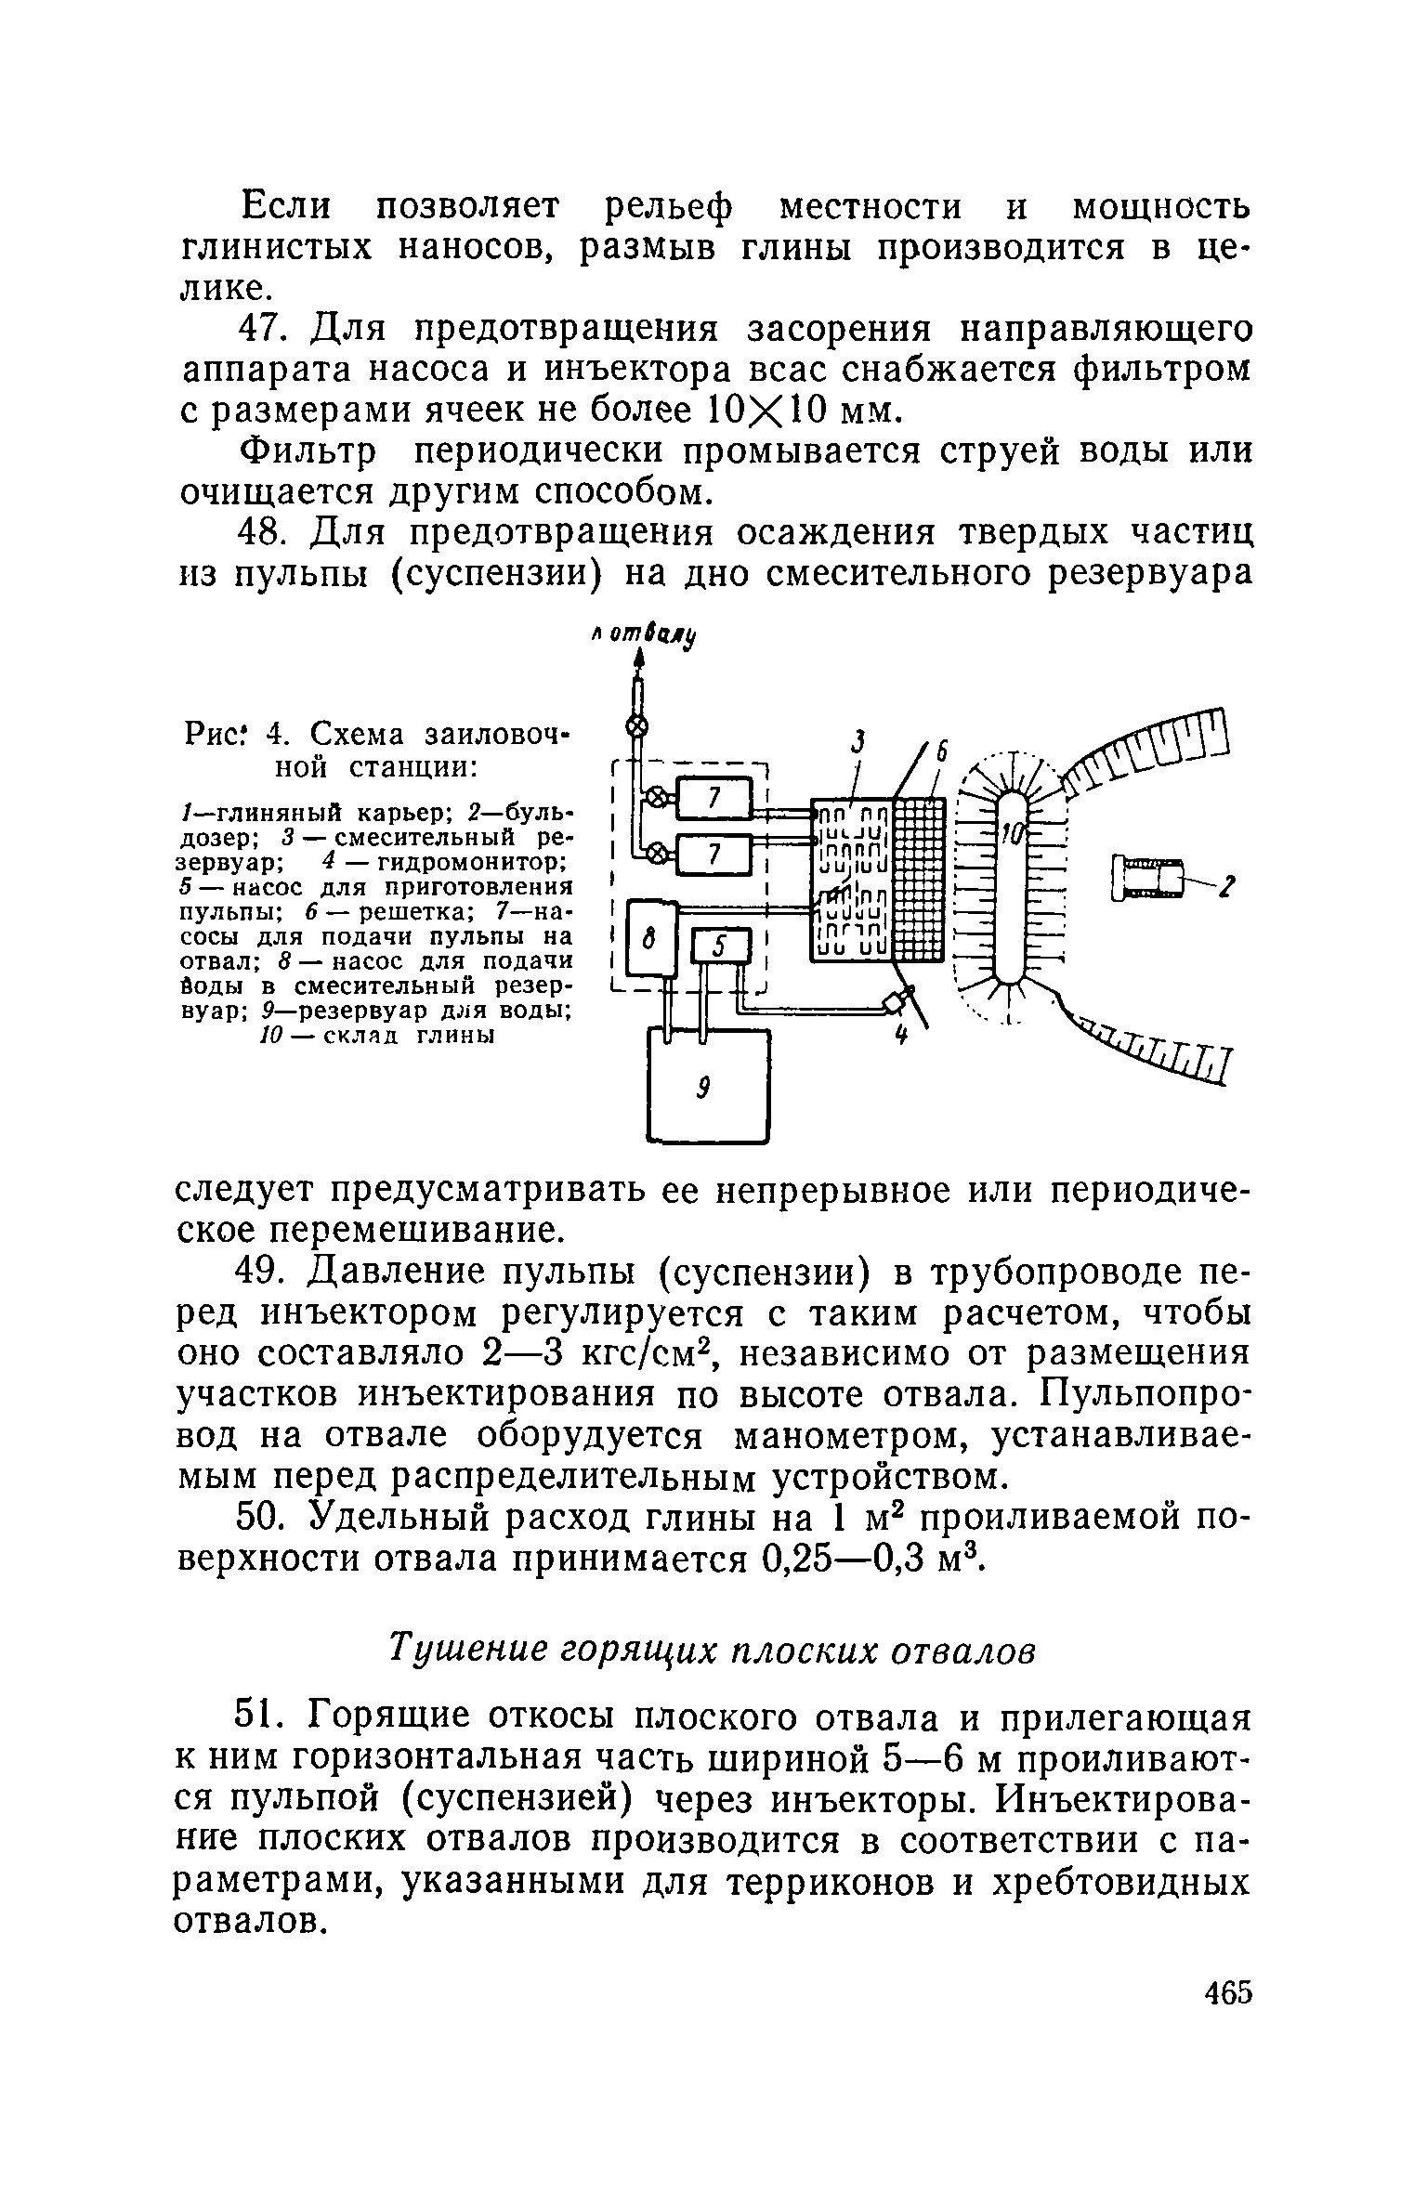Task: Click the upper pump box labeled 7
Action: click(x=713, y=798)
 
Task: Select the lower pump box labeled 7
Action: click(x=713, y=855)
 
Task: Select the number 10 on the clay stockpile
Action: click(x=1010, y=835)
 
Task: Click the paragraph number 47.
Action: click(x=266, y=329)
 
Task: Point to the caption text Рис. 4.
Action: click(x=243, y=734)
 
